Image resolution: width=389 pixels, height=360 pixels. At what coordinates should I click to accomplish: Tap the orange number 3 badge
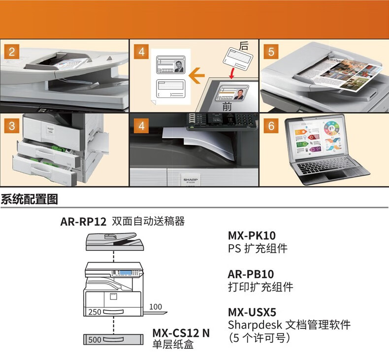pos(11,126)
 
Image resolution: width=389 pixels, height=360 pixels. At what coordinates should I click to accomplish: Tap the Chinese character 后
pos(244,46)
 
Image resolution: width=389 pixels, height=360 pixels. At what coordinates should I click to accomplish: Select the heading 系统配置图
pos(30,200)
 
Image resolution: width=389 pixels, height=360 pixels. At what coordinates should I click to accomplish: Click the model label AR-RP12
pos(83,222)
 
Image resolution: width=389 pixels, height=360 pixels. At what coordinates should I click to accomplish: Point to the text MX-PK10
pos(252,236)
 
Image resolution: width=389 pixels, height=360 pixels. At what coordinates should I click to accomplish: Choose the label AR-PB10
pos(251,274)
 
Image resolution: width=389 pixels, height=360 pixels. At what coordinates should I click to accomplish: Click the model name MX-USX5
pos(252,312)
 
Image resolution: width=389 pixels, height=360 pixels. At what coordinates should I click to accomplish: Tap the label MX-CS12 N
pos(181,333)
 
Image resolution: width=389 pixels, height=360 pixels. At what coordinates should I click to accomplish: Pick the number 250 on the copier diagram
pos(95,312)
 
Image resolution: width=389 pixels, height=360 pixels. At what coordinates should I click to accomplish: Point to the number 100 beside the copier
pos(155,307)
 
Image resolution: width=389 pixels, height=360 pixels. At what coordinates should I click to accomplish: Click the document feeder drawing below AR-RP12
pos(113,240)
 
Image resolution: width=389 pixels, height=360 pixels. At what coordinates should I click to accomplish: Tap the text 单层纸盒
pos(173,345)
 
